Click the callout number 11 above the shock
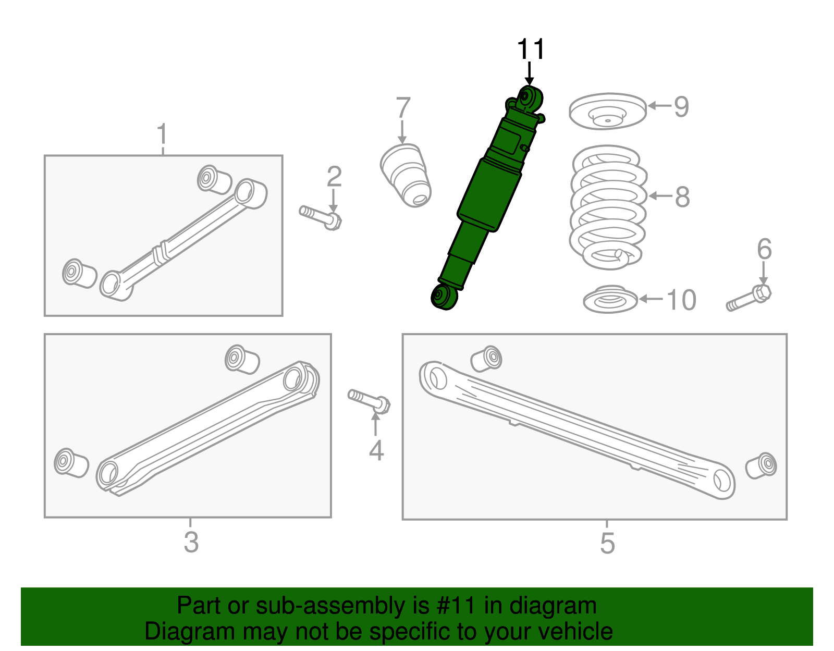tap(531, 50)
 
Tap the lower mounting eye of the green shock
tap(443, 297)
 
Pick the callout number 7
tap(403, 108)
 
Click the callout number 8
tap(682, 198)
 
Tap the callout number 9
tap(681, 107)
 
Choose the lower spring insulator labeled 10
tap(610, 300)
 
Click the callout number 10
tap(681, 300)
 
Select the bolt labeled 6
tap(749, 298)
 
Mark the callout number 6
tap(764, 249)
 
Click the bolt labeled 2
tap(321, 216)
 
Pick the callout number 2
tap(334, 177)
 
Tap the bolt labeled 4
tap(369, 400)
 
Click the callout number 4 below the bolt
tap(376, 450)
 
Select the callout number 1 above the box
tap(163, 134)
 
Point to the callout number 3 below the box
tap(191, 542)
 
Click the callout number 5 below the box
tap(607, 543)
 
